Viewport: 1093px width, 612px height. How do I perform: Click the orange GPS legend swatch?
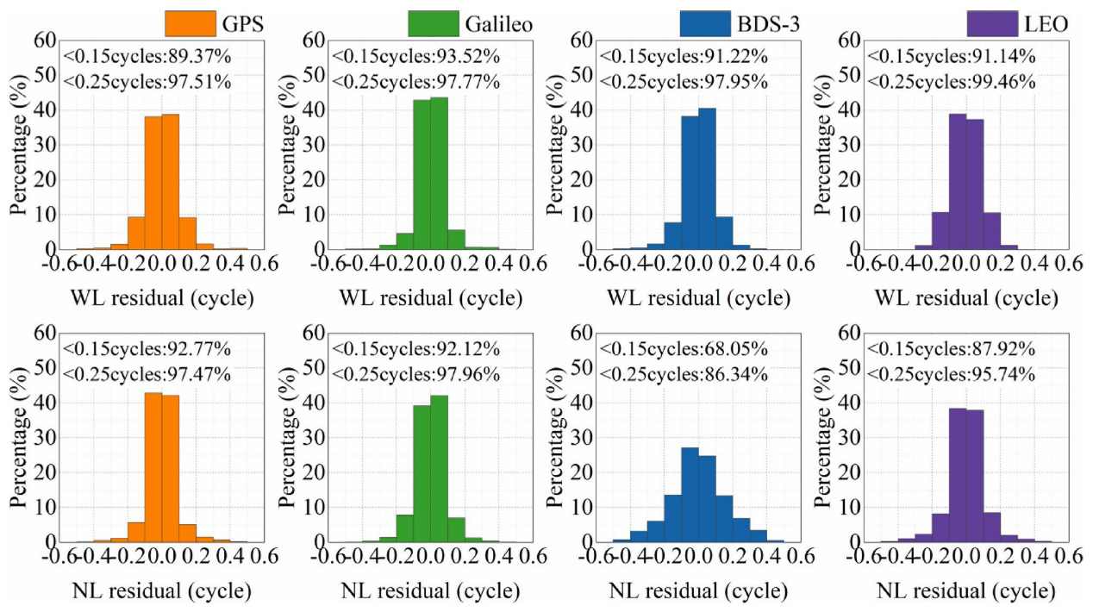click(192, 22)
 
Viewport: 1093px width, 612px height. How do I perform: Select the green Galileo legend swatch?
click(446, 22)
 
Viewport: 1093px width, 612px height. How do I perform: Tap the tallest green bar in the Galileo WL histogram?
click(439, 172)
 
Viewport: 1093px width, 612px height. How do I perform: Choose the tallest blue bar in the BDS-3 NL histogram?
click(690, 495)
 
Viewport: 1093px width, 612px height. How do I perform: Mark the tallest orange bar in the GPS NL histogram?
click(153, 467)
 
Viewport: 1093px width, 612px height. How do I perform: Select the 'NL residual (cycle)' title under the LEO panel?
click(966, 592)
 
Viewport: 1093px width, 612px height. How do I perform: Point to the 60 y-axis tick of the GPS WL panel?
click(45, 40)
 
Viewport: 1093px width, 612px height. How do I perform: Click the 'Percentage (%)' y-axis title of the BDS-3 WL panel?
click(555, 144)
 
